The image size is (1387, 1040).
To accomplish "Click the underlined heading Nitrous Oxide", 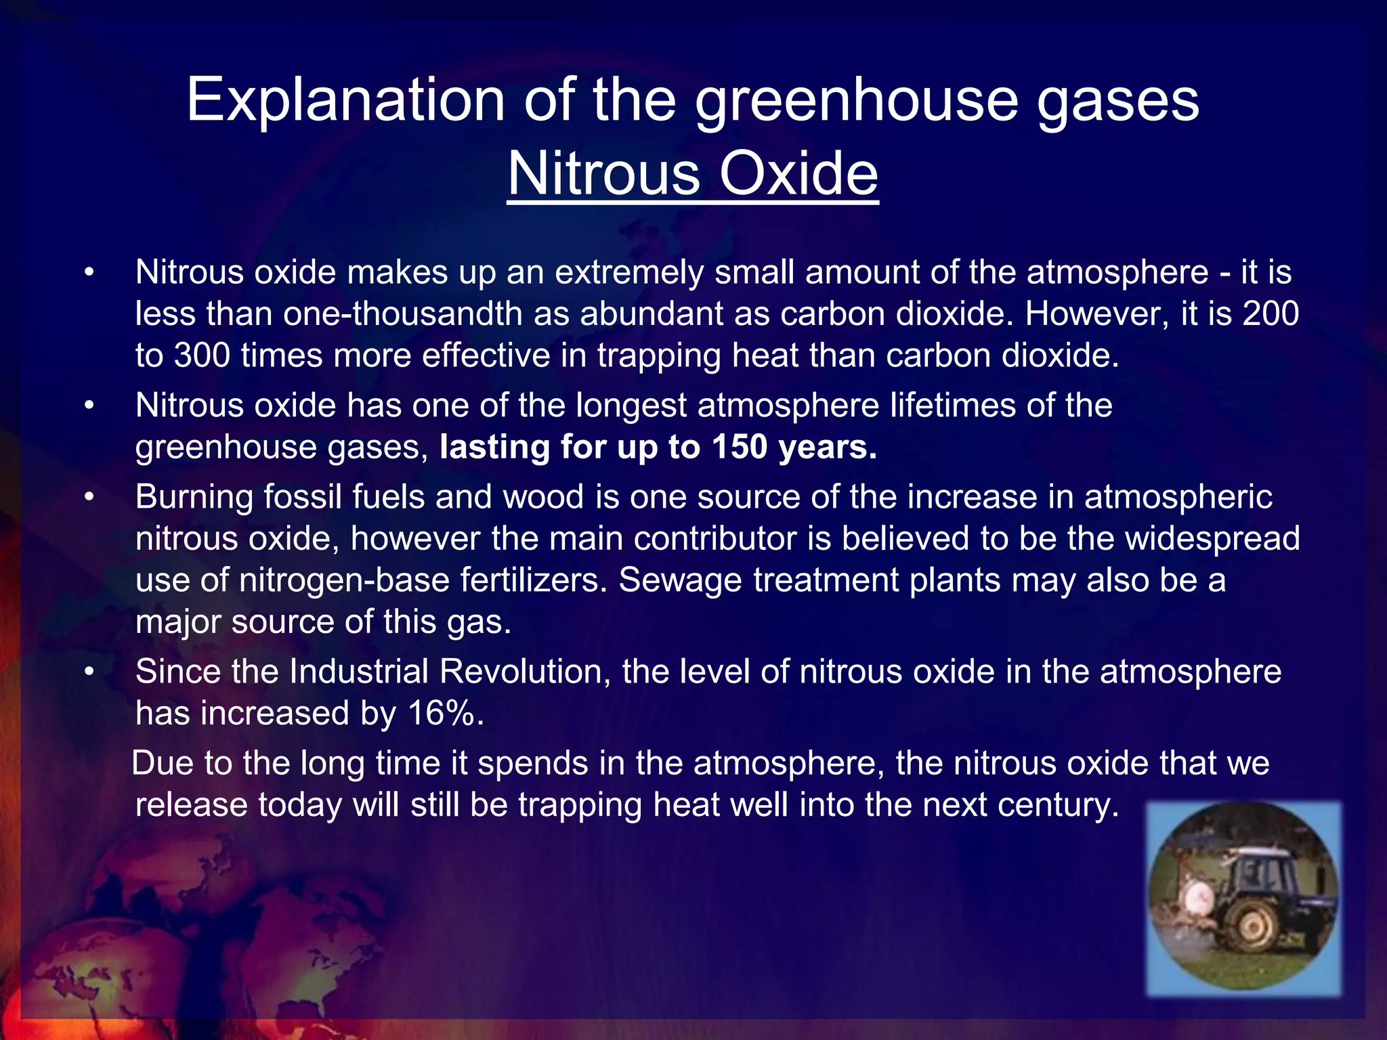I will pos(693,174).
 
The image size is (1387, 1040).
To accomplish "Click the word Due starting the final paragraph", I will pos(162,763).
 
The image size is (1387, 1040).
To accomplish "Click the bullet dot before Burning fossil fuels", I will pos(89,497).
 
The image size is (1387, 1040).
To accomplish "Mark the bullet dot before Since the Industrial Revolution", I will pos(89,672).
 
